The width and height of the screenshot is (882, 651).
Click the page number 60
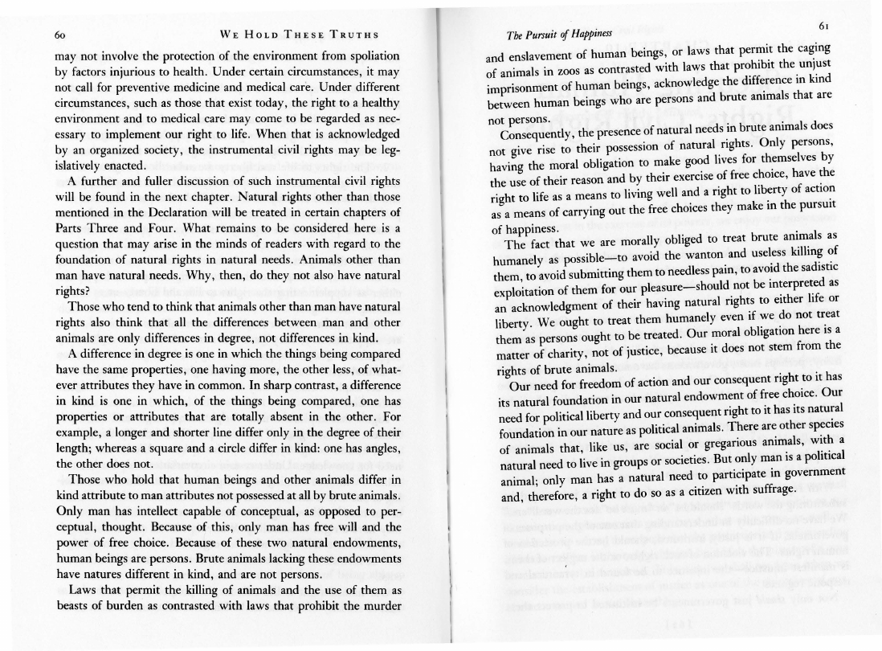coord(60,36)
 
